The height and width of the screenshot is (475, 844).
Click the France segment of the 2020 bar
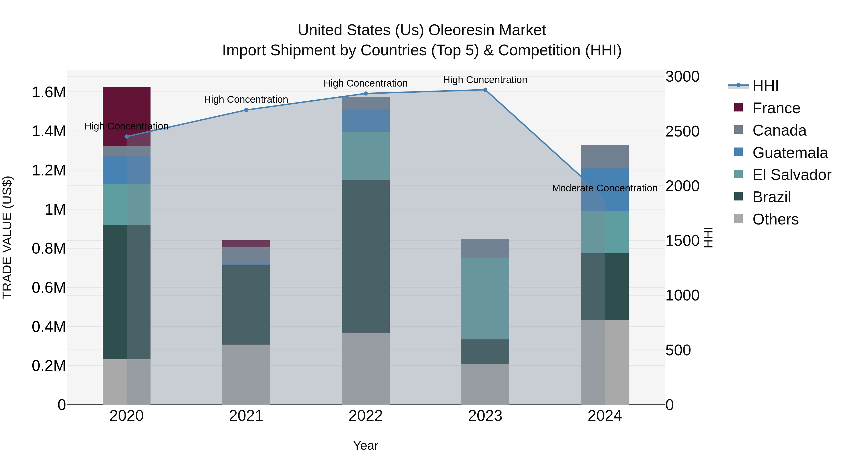click(x=126, y=108)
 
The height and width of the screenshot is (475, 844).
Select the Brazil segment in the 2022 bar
click(x=366, y=256)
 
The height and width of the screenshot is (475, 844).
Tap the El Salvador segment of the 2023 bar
click(x=485, y=298)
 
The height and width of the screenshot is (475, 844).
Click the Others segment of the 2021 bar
click(x=246, y=374)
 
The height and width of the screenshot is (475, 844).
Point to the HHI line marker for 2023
click(x=485, y=90)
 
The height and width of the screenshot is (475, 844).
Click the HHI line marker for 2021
click(x=246, y=110)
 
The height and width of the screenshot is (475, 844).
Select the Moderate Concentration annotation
click(x=605, y=188)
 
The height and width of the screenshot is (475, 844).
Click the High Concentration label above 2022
click(x=366, y=83)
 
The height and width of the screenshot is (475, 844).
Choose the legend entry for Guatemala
click(x=790, y=153)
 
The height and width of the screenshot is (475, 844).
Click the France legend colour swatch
click(x=738, y=107)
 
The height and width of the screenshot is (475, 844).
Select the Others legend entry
click(x=775, y=219)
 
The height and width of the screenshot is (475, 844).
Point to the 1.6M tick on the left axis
click(x=49, y=92)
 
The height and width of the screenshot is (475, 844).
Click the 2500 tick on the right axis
click(x=682, y=131)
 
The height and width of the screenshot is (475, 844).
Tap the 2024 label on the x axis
click(x=605, y=416)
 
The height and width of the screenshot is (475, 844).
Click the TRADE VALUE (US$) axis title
click(x=8, y=237)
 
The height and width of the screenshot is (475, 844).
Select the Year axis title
click(x=366, y=445)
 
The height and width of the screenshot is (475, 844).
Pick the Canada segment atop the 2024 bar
click(x=605, y=157)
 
